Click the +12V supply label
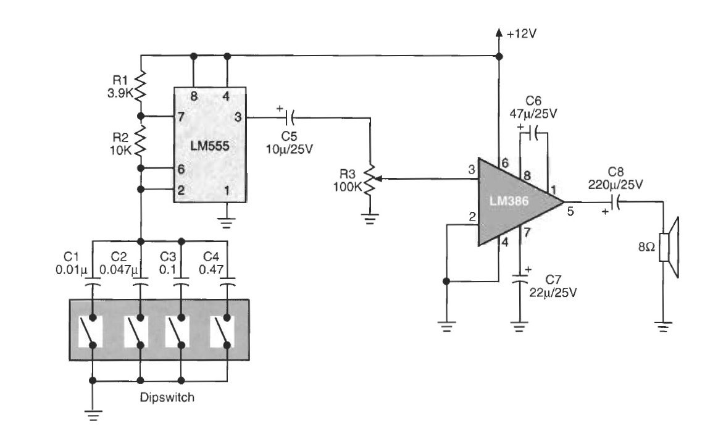(521, 34)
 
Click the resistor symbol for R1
(141, 86)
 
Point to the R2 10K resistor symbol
(141, 141)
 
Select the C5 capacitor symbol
(289, 115)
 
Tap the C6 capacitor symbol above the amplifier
(534, 132)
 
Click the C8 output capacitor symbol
(617, 201)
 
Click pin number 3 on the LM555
(238, 116)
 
